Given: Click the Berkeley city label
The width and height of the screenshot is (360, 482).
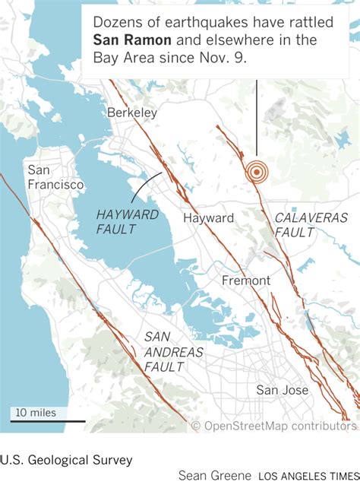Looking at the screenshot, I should tap(132, 113).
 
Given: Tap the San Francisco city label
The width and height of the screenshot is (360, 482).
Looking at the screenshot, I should tap(55, 176).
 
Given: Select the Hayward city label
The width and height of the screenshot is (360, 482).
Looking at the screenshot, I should tap(208, 218).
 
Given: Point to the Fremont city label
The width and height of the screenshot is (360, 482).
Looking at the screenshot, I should tap(245, 281).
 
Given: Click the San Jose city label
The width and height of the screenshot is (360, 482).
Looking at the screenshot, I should tap(282, 390).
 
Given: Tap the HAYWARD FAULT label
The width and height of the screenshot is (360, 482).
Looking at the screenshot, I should tap(128, 221).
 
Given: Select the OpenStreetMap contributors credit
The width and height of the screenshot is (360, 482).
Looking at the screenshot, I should tap(273, 427).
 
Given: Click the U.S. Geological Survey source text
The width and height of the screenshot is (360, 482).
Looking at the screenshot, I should tap(66, 459).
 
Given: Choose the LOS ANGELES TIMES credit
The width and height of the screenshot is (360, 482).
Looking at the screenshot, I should tap(308, 476).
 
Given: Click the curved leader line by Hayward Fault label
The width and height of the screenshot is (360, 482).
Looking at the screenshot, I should tap(149, 184).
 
